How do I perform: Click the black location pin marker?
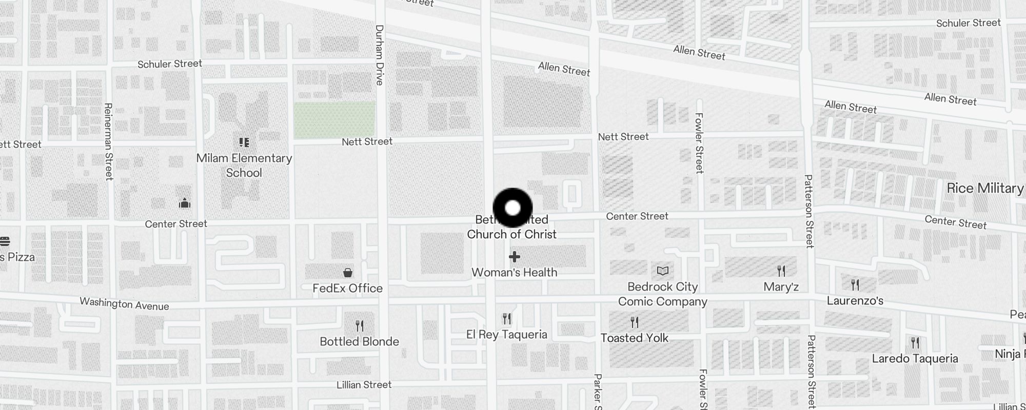tap(512, 208)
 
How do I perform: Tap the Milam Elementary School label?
tap(244, 166)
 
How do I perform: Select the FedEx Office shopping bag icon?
tap(348, 272)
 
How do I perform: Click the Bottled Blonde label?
tap(359, 341)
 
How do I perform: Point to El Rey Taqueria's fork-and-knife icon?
tap(507, 319)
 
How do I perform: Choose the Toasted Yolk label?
tap(635, 338)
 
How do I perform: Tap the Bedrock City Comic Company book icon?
tap(663, 271)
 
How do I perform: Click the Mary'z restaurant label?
tap(781, 286)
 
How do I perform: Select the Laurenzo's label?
tap(855, 300)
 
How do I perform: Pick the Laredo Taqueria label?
tap(915, 358)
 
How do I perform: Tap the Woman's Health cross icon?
tap(515, 257)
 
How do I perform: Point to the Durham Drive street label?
tap(380, 55)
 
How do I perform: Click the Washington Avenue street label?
tap(124, 304)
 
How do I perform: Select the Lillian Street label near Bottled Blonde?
tap(364, 384)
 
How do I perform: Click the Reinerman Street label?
tap(108, 141)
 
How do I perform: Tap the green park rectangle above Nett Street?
tap(334, 120)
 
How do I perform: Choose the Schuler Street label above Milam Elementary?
tap(170, 64)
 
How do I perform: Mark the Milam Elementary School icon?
tap(244, 142)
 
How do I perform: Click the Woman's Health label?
tap(515, 272)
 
